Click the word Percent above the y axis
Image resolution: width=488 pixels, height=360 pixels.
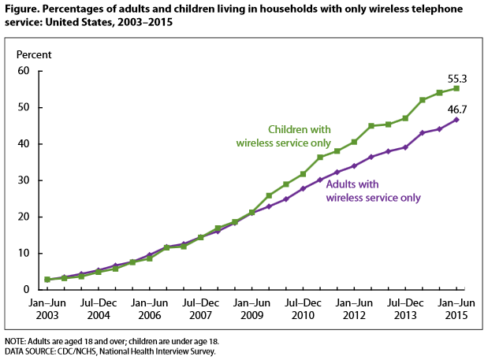[x=35, y=55]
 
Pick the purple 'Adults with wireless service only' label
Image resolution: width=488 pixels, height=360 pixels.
[x=373, y=192]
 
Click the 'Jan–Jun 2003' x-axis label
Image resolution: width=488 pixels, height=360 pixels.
[x=48, y=308]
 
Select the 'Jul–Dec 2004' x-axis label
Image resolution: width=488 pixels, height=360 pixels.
[x=99, y=308]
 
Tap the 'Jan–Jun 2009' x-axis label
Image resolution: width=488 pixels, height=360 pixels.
[x=251, y=308]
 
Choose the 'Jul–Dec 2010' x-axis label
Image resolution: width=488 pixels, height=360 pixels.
[x=302, y=308]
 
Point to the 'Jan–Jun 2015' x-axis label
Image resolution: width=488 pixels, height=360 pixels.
[x=455, y=308]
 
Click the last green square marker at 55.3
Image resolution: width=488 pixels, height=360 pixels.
[x=455, y=88]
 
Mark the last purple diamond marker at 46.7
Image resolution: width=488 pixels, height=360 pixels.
[x=455, y=120]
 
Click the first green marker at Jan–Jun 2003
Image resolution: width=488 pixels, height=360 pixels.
[x=47, y=280]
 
